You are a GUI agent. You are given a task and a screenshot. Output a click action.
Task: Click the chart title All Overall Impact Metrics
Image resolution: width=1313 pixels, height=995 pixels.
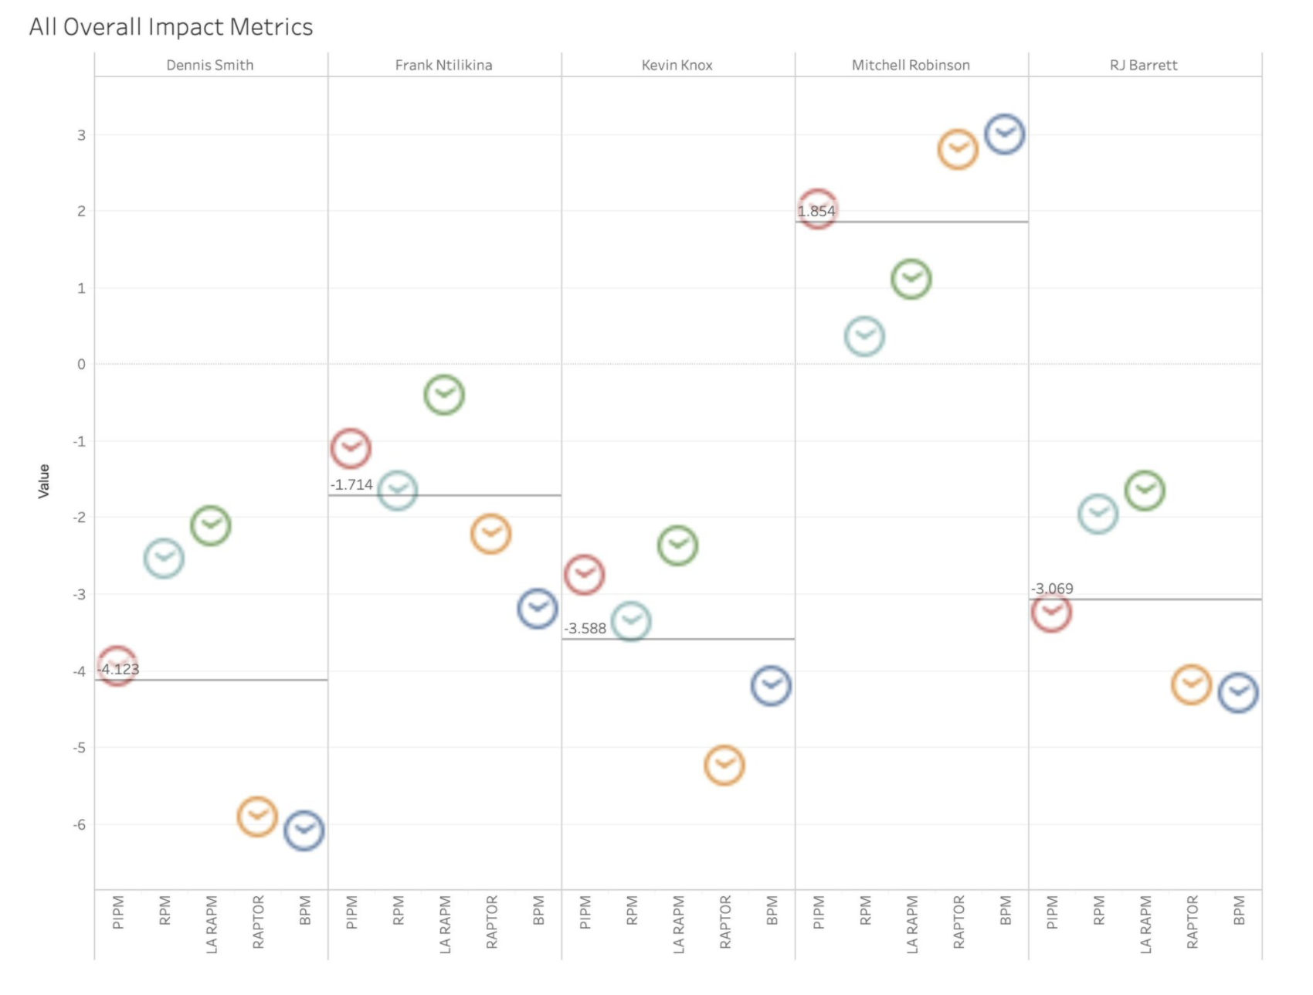[171, 27]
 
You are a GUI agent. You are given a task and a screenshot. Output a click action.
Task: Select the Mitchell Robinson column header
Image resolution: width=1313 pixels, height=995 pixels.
[911, 66]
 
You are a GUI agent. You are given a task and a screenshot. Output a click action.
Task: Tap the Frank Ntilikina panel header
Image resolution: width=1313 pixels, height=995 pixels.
[443, 66]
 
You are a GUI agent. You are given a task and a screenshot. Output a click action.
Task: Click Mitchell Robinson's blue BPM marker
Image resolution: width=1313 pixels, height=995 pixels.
[1005, 134]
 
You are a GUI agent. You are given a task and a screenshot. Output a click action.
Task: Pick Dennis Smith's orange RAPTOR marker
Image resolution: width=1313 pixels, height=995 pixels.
[257, 817]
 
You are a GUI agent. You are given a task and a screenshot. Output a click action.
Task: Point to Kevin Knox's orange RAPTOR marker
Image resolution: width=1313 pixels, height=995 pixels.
[724, 766]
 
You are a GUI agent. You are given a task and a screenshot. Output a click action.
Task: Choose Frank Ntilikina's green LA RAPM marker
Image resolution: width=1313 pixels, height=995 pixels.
[444, 395]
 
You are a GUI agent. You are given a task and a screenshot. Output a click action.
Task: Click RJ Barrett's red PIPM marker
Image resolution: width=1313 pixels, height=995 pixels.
[1051, 613]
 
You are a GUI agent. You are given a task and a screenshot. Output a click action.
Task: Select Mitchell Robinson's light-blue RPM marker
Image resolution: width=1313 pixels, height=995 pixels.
[864, 337]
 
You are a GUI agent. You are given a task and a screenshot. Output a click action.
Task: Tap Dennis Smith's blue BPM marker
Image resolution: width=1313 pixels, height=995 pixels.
[304, 830]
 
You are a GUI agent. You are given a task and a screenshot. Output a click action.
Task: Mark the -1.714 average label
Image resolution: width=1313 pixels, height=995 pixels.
[351, 485]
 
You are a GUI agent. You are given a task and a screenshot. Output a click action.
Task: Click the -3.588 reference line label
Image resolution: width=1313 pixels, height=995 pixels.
[585, 629]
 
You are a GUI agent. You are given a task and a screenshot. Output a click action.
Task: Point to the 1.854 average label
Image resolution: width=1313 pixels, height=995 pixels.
[816, 211]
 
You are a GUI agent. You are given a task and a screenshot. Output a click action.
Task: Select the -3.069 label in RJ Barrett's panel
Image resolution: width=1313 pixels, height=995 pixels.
[1052, 589]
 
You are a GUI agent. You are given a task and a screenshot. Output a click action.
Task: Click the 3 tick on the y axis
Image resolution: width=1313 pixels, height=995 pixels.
[81, 135]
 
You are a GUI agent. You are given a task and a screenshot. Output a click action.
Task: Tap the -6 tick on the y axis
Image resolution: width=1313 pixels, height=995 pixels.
[79, 825]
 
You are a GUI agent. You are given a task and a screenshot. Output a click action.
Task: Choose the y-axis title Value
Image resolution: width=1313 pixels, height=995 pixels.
[44, 481]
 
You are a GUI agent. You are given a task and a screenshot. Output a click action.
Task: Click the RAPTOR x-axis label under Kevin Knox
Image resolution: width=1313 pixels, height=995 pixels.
[725, 922]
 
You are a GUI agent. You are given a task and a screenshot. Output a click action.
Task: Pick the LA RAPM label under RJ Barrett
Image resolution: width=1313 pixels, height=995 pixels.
[1145, 924]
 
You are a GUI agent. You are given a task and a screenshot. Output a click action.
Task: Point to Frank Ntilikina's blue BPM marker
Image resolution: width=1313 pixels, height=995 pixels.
[538, 608]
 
